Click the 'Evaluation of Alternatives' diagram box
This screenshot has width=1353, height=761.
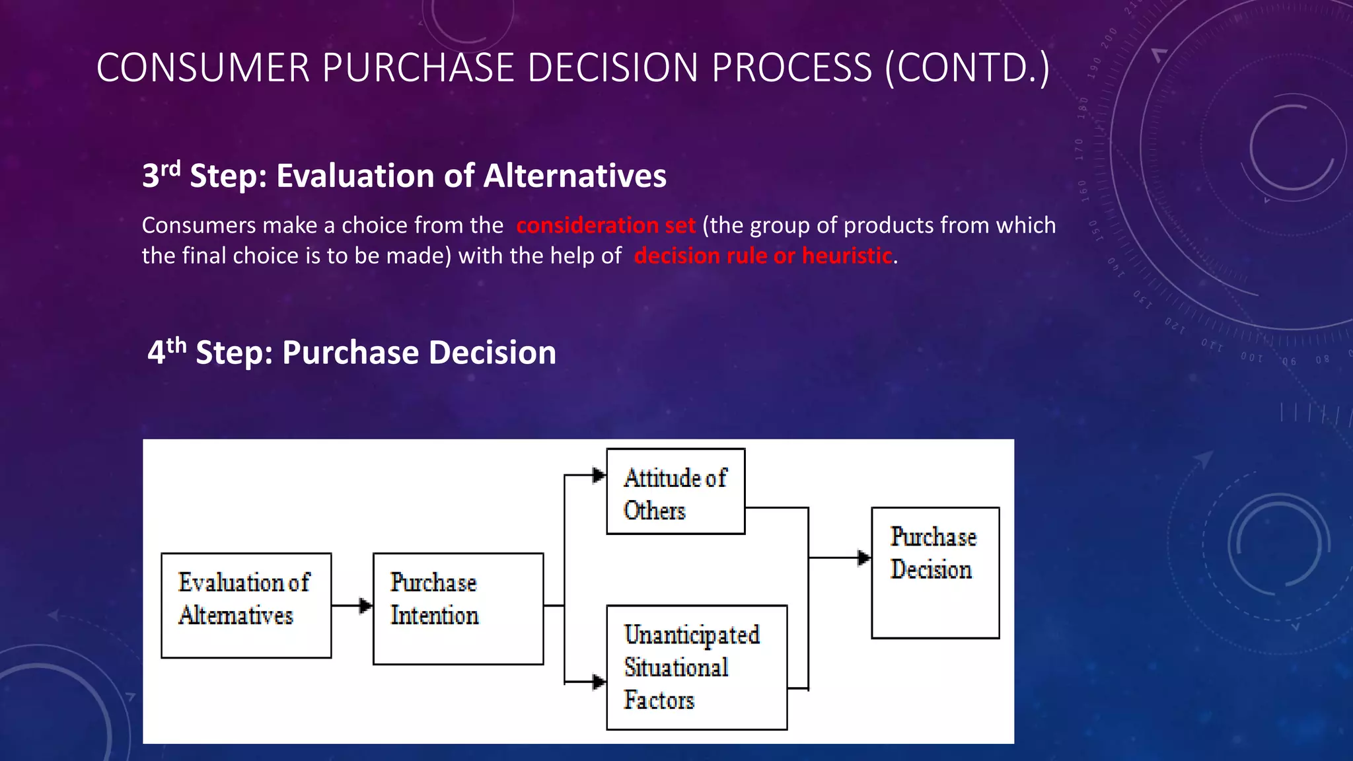click(246, 605)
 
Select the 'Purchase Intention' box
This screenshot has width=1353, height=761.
click(458, 608)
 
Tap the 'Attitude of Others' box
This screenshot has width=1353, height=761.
click(675, 491)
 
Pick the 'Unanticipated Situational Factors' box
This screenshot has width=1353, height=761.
click(696, 667)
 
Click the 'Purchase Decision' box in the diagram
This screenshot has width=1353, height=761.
click(935, 572)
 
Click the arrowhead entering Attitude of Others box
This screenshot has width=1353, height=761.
click(599, 475)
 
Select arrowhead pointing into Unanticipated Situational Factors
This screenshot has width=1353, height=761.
click(599, 682)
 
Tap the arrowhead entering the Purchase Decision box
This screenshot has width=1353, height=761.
click(864, 558)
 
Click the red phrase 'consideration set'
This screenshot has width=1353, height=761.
click(605, 225)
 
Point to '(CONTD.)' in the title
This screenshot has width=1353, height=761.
click(967, 67)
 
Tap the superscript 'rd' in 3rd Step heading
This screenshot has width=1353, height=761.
click(171, 168)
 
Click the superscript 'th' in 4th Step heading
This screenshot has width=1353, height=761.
click(176, 344)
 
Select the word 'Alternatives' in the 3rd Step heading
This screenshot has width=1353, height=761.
click(574, 176)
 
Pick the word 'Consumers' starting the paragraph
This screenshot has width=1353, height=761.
click(198, 225)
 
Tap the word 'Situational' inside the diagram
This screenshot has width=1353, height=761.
click(676, 667)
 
